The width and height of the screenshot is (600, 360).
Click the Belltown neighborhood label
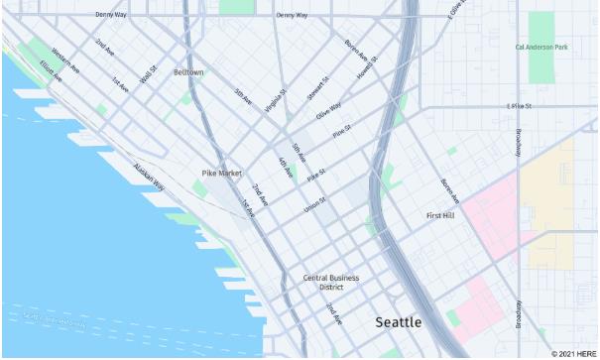click(188, 72)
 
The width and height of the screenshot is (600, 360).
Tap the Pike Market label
click(222, 173)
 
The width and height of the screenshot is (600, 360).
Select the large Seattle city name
click(398, 322)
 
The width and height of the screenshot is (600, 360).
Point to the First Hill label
click(439, 215)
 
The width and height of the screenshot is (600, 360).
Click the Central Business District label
click(331, 283)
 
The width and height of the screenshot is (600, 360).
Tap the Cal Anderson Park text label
click(541, 47)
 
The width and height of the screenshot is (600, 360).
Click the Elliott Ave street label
click(50, 71)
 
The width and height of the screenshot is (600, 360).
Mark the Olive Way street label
click(329, 110)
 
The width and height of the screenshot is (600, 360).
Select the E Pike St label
click(520, 105)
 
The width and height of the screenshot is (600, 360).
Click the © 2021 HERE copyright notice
click(575, 353)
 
